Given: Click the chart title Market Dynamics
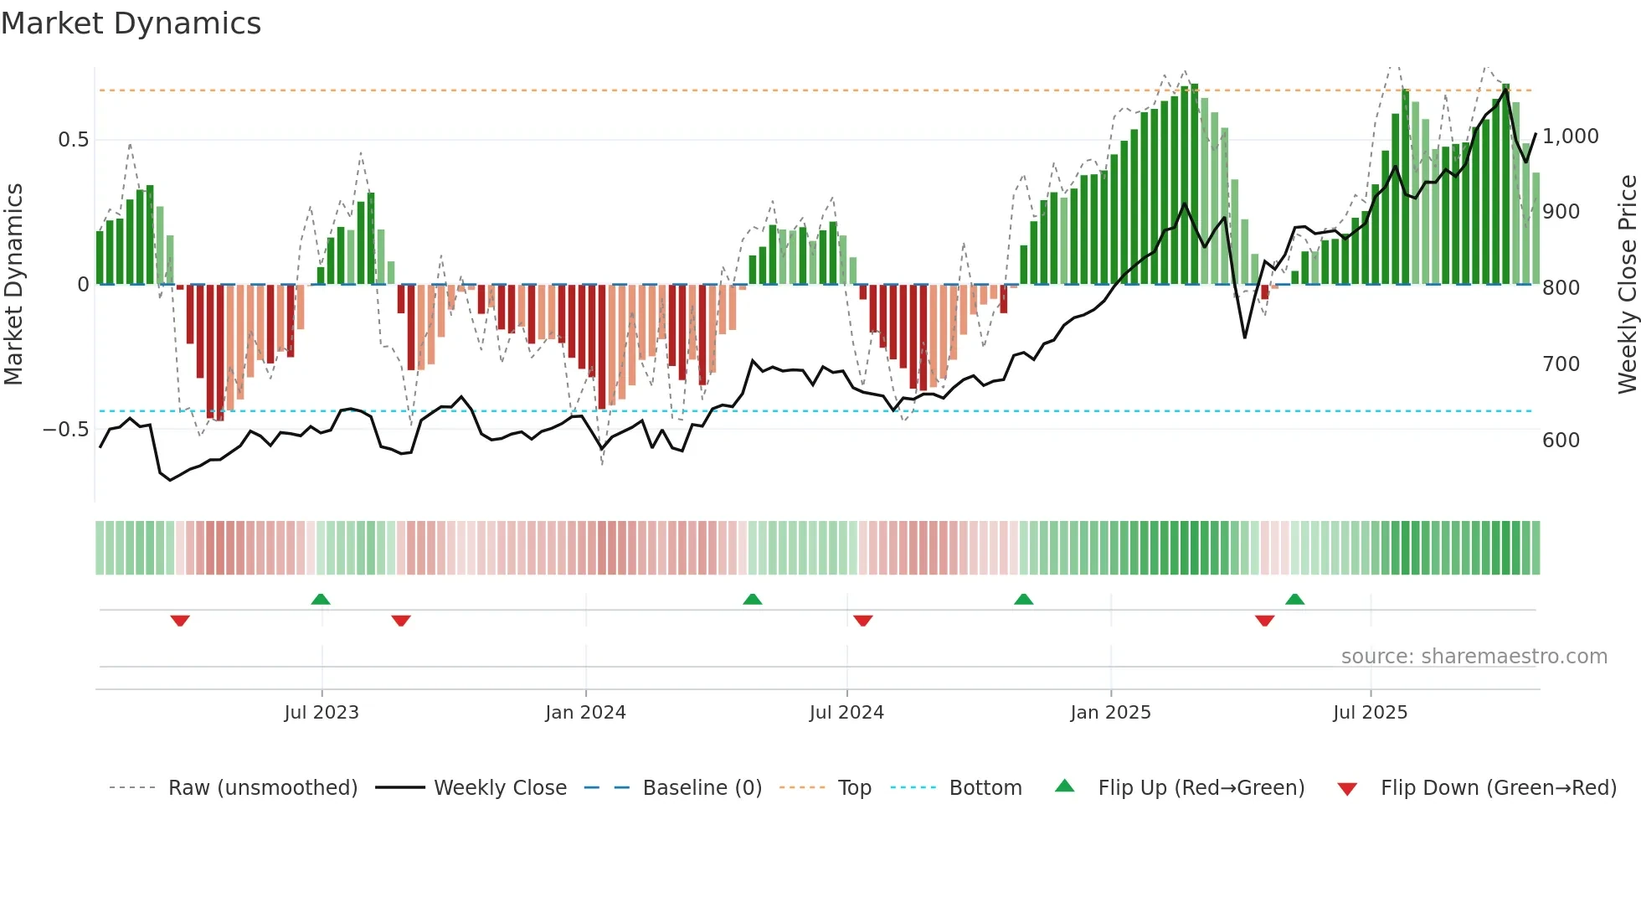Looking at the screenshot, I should [131, 23].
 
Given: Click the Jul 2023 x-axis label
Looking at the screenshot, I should [321, 713].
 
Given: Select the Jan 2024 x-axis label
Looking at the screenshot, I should [585, 713].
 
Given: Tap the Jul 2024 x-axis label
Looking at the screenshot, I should [846, 713].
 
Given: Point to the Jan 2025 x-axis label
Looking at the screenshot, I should [1110, 713].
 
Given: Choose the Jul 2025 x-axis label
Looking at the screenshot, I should [1370, 713].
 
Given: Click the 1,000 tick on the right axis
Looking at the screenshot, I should [1570, 137].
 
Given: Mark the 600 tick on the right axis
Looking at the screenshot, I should [1561, 441].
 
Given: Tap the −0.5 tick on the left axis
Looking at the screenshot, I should [66, 430].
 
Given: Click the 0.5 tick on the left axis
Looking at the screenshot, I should [73, 140].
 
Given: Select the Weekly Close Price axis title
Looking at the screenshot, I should [1627, 285].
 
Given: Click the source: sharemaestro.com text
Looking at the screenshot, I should [1474, 657].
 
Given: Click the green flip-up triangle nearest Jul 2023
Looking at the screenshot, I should [321, 600].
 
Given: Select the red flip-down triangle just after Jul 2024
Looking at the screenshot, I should [863, 621].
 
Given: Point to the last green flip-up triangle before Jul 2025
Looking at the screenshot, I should [1294, 600].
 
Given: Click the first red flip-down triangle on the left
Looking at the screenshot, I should [180, 621].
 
